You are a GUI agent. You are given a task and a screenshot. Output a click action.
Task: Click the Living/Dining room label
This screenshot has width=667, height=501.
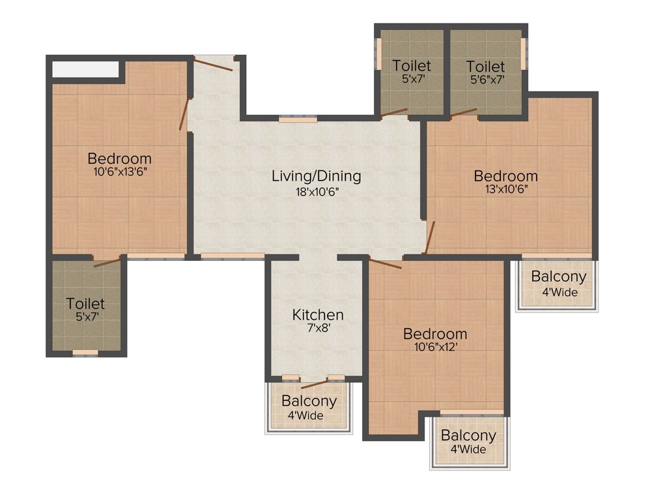316,175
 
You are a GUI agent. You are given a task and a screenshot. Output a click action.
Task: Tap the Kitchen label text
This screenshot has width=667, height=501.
317,314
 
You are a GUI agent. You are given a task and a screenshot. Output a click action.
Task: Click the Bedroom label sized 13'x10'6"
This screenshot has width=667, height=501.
505,175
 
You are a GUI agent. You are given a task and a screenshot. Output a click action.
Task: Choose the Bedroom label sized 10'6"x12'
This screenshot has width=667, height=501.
434,334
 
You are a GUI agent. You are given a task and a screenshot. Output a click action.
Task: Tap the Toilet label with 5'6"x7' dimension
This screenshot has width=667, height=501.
485,67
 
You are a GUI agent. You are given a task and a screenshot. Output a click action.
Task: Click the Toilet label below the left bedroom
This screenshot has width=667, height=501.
85,303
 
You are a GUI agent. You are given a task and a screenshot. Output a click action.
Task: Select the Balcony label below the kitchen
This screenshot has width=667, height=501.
309,401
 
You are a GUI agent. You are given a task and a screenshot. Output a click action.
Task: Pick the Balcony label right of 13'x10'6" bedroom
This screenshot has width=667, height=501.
558,276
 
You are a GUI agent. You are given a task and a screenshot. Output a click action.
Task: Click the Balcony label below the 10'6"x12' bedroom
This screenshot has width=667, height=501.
468,435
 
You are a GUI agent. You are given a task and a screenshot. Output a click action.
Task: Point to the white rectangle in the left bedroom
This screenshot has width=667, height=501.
85,69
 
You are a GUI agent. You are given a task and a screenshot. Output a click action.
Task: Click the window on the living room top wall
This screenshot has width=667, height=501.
298,119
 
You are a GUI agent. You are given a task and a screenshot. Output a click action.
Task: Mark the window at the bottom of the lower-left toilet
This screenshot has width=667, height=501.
85,353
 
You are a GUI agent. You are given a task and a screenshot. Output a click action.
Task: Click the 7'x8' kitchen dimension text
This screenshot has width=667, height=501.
317,329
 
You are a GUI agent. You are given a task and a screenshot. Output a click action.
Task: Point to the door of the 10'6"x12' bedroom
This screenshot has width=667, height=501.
385,264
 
